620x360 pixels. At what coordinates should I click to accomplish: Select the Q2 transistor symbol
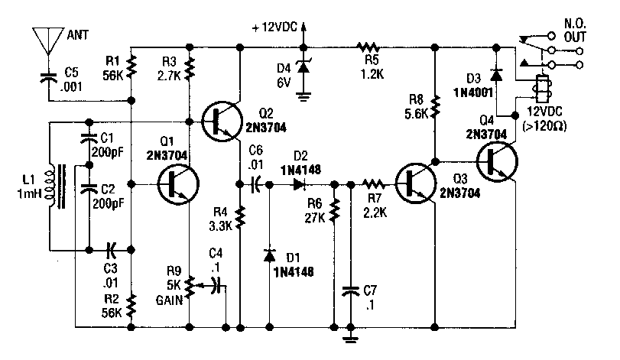tap(222, 121)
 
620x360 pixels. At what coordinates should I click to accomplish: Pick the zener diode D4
tap(304, 67)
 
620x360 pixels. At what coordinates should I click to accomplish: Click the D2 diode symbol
tap(300, 183)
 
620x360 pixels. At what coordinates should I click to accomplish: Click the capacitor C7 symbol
tap(351, 290)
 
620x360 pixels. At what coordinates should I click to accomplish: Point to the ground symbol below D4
tap(304, 95)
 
